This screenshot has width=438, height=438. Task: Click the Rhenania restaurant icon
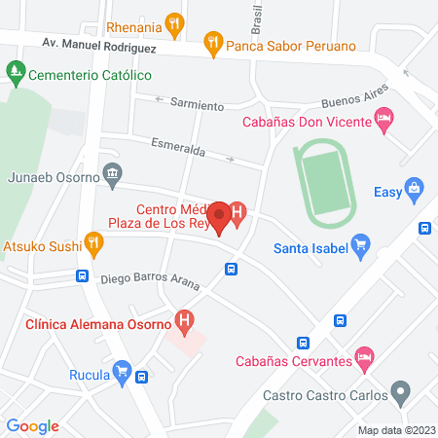[x=174, y=21]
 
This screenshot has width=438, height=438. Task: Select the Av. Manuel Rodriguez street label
[x=99, y=44]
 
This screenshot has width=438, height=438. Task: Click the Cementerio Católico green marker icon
[x=15, y=73]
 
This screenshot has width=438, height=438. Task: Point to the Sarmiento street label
[x=197, y=104]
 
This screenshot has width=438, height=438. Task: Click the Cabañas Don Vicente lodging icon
[x=384, y=121]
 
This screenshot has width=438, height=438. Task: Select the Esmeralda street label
[x=178, y=152]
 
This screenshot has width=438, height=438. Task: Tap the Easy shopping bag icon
[x=416, y=189]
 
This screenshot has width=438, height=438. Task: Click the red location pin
[x=220, y=217]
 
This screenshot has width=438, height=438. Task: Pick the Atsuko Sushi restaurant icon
[x=93, y=244]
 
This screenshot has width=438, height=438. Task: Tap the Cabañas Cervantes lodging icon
[x=364, y=358]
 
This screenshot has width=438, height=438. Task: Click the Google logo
[x=33, y=426]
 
